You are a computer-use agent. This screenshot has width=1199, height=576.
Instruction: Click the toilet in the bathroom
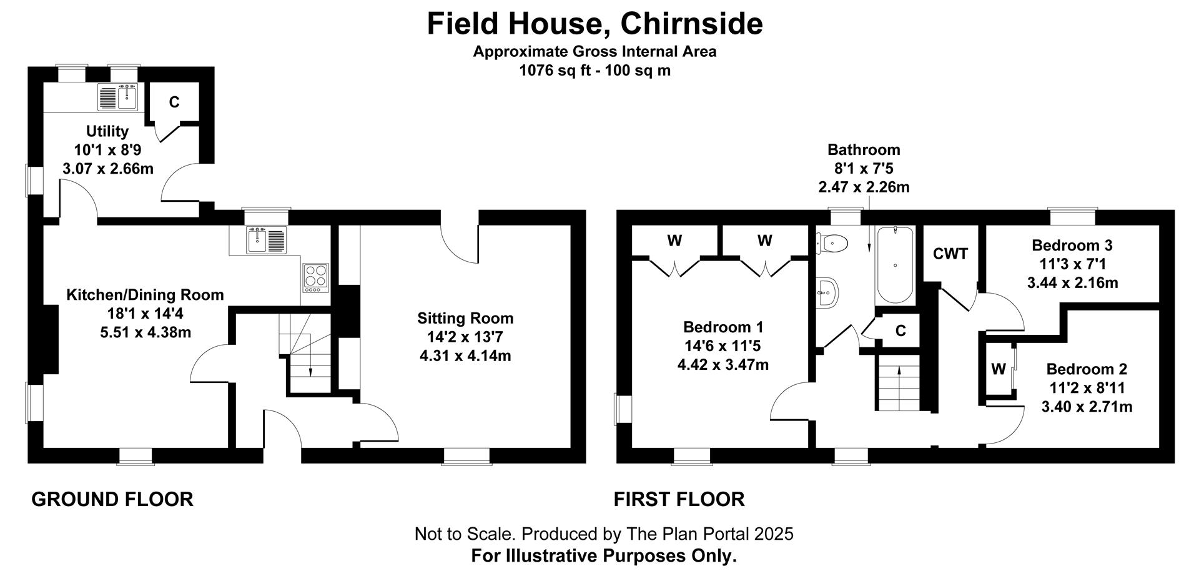point(833,243)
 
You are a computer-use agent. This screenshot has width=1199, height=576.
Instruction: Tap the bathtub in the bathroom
point(896,266)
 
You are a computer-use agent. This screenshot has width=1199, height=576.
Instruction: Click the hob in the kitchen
point(315,277)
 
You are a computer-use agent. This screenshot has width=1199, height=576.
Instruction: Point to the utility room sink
point(118,97)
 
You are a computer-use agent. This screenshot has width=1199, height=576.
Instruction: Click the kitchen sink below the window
point(267,240)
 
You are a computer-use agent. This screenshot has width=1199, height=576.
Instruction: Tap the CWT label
point(950,254)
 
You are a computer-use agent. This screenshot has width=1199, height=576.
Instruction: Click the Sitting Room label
point(465,318)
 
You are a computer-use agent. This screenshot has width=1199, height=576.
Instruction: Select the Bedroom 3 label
point(1072,245)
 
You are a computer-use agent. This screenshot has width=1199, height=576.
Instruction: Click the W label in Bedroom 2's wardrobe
point(998,369)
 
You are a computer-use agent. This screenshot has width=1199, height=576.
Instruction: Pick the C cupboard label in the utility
point(174,102)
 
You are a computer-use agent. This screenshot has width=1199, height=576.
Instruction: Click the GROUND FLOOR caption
point(112,499)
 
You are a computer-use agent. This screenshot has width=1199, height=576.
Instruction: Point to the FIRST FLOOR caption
point(679,499)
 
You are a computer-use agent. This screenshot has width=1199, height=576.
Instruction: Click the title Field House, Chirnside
point(595,24)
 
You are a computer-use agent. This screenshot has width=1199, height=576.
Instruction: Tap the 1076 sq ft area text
point(595,71)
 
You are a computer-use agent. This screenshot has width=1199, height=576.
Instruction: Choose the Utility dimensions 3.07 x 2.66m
point(108,169)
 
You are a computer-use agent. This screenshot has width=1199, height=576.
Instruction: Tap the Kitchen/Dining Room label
point(145,295)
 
